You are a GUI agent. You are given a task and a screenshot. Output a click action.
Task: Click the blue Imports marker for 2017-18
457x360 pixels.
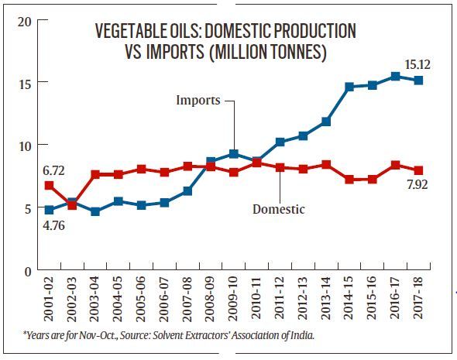(x=418, y=80)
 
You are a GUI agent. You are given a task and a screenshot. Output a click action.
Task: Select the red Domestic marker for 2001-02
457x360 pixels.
(x=49, y=185)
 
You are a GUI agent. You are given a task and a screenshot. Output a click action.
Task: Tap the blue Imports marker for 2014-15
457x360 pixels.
(x=349, y=87)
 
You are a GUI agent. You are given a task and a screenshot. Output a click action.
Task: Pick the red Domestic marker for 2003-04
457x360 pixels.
(x=95, y=174)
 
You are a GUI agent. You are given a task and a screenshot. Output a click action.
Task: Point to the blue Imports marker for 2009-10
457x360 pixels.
(x=234, y=154)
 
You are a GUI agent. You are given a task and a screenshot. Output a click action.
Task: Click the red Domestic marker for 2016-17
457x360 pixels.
(x=395, y=165)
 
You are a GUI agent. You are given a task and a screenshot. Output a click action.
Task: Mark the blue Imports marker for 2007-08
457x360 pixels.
(x=187, y=191)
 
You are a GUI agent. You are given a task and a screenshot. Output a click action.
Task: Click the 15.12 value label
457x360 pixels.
(x=417, y=65)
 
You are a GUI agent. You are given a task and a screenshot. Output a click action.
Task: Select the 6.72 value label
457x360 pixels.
(x=53, y=170)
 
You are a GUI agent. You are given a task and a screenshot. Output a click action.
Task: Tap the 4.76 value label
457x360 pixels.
(x=54, y=225)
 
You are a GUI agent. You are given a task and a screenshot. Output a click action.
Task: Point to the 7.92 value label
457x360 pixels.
(x=417, y=185)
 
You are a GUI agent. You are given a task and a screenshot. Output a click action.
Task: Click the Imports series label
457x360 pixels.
(x=198, y=100)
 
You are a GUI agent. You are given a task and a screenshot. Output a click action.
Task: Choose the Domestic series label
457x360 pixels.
(x=279, y=209)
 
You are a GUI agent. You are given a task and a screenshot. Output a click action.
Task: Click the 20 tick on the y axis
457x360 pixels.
(x=24, y=22)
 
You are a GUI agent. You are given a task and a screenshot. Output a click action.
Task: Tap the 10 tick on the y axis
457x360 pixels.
(x=25, y=146)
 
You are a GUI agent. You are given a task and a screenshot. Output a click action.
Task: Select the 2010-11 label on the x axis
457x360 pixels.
(x=256, y=299)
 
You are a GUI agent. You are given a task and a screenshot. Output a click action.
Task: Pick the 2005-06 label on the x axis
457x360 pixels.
(x=140, y=299)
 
